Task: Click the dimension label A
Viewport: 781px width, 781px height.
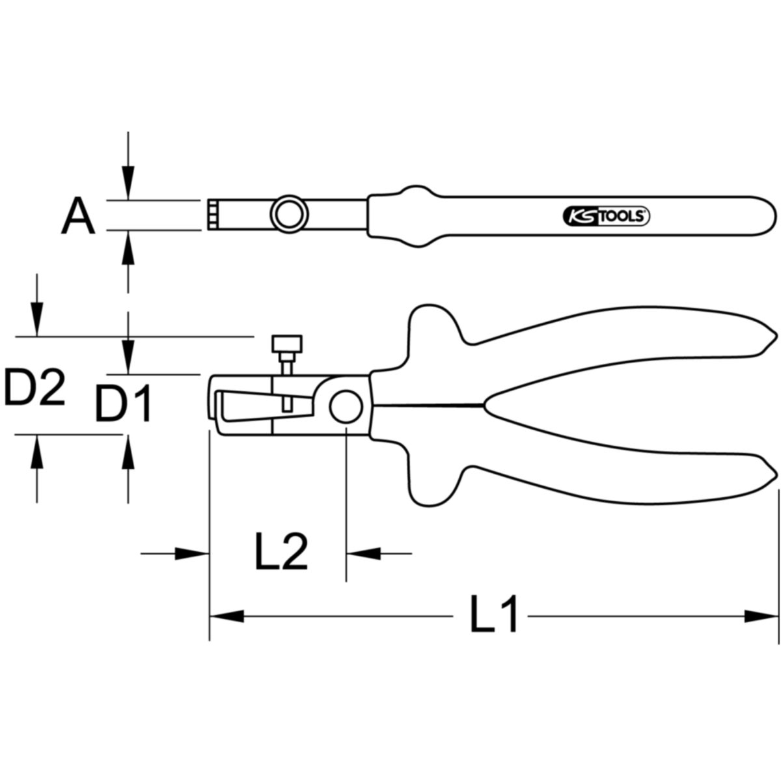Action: click(x=78, y=215)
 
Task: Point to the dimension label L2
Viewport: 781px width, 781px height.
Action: click(x=281, y=552)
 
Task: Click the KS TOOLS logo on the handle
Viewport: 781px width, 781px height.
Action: click(x=606, y=217)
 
